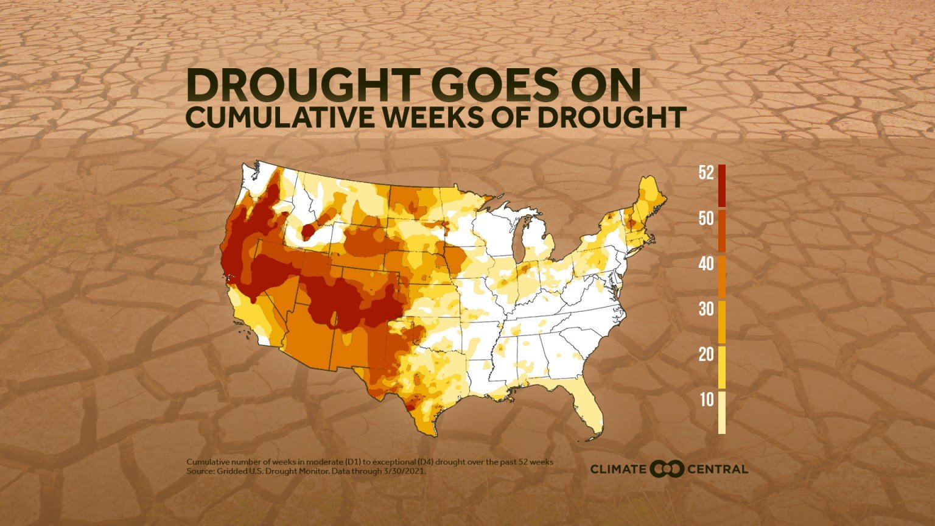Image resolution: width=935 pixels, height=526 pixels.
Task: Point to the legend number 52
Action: click(x=706, y=174)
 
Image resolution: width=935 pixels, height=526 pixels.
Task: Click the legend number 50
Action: click(x=706, y=219)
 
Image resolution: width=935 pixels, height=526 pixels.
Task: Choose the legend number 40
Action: click(x=706, y=264)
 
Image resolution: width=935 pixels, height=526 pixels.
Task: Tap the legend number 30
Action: click(x=706, y=309)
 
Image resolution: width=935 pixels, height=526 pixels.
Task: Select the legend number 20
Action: click(x=706, y=354)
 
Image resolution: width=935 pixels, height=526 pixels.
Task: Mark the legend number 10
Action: click(x=707, y=400)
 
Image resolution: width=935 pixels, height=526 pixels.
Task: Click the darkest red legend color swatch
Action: click(x=722, y=186)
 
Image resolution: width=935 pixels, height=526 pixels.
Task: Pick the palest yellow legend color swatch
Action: click(x=722, y=413)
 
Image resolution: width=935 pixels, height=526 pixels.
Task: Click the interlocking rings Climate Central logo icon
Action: click(x=667, y=469)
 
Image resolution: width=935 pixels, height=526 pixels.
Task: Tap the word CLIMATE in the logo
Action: click(x=617, y=469)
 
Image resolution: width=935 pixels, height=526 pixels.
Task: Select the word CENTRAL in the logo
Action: click(x=718, y=469)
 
